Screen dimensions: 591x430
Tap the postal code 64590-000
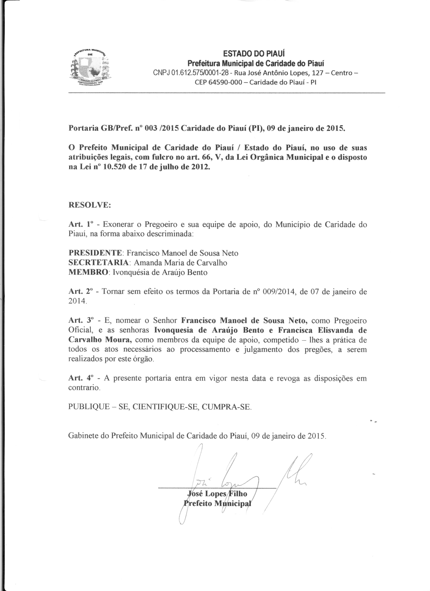coord(226,83)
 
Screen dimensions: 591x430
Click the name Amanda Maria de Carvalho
coord(180,263)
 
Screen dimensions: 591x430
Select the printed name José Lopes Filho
coord(217,494)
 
